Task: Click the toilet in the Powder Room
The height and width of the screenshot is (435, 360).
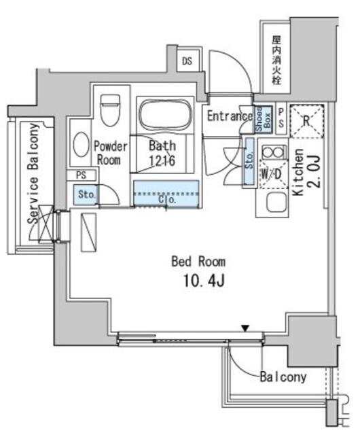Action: [110, 109]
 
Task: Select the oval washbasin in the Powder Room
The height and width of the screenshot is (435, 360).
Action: [81, 144]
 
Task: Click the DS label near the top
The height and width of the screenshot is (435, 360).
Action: [187, 60]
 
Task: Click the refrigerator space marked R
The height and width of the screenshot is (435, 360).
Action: [306, 121]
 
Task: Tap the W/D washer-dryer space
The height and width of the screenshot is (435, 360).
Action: [272, 174]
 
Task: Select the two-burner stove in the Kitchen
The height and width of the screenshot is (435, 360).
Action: [273, 152]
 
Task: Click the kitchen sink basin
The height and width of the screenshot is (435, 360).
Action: [276, 203]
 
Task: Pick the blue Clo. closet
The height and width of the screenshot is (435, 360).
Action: [166, 193]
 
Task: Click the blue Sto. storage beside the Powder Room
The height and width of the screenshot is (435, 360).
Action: [85, 194]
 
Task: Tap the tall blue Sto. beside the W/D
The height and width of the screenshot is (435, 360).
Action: [249, 161]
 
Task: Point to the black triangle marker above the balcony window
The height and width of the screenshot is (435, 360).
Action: [245, 328]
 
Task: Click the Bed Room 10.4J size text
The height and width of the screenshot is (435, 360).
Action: [204, 281]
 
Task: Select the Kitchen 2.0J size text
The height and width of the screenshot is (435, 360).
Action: [316, 171]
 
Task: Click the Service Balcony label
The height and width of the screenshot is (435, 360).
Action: [33, 173]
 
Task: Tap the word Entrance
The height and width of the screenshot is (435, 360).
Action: [230, 116]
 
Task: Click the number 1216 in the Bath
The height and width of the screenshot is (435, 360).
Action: [162, 160]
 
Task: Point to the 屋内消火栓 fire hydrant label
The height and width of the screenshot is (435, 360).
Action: [276, 60]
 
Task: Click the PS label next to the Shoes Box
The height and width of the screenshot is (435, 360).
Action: [281, 118]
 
